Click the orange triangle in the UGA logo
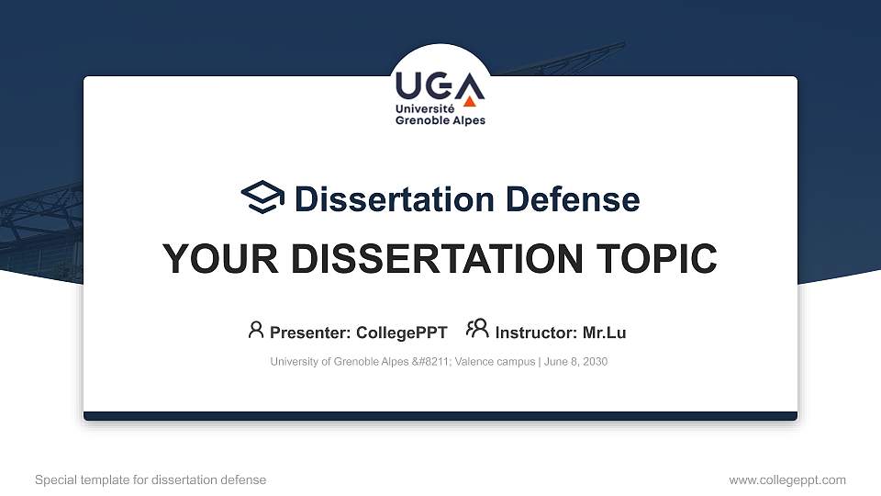[x=470, y=99]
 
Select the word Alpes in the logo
[x=467, y=120]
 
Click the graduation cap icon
[x=262, y=197]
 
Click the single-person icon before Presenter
[x=256, y=330]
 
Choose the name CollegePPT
[x=401, y=333]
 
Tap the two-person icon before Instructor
[x=477, y=329]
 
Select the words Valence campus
[x=502, y=362]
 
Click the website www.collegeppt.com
[x=786, y=479]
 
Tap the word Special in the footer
[x=55, y=479]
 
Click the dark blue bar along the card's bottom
[x=440, y=416]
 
